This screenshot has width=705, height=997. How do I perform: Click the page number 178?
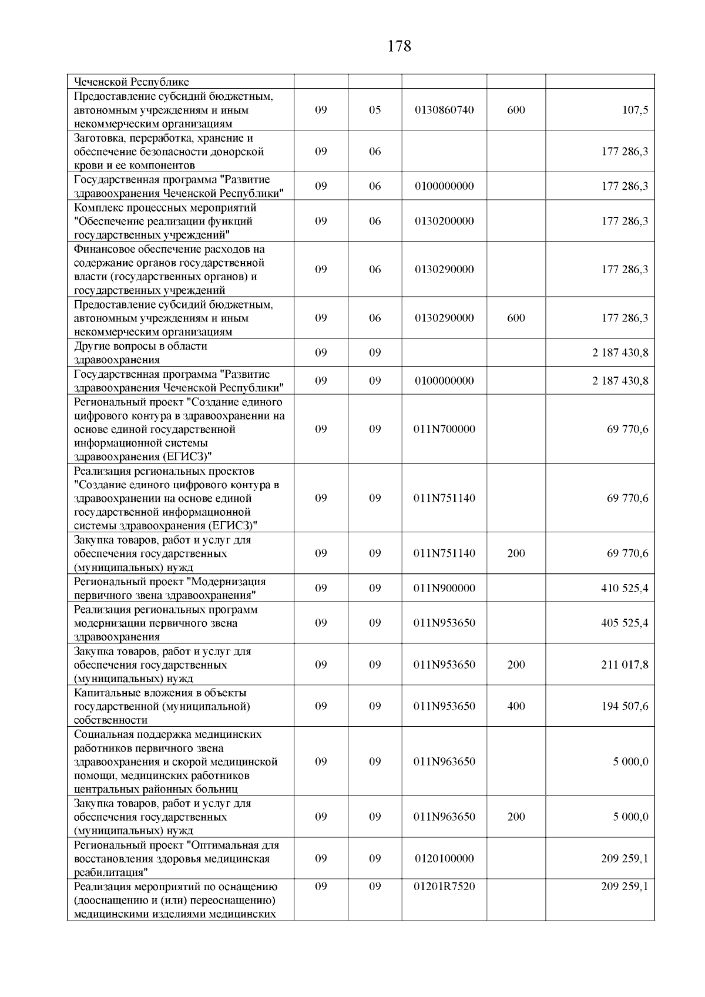point(399,46)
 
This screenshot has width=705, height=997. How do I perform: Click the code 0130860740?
point(444,110)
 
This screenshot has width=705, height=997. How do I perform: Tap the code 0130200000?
point(444,221)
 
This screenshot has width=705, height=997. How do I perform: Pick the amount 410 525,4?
point(625,588)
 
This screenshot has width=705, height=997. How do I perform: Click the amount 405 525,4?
point(625,623)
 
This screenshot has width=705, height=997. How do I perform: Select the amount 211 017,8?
point(625,664)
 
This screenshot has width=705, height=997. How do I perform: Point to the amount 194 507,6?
point(625,706)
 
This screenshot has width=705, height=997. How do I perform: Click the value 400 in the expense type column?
point(516,706)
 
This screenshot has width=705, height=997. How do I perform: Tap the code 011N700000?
point(444,429)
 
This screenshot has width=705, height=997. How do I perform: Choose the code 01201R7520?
point(444,886)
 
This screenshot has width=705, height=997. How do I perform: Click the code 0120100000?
point(444,858)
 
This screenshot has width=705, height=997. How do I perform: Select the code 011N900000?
point(444,588)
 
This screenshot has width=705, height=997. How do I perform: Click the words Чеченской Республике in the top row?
point(131,82)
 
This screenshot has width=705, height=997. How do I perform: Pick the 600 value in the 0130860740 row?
point(516,110)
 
